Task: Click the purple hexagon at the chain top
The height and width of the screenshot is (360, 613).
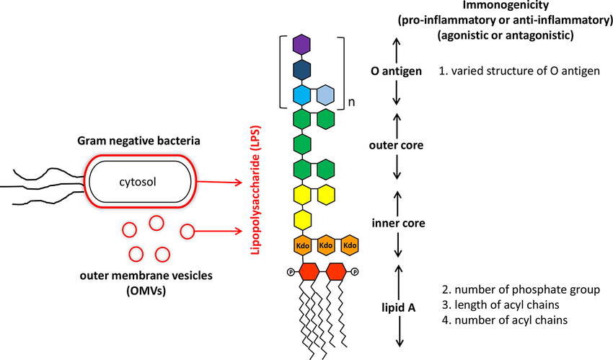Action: click(x=301, y=45)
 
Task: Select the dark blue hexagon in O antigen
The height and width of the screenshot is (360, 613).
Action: click(x=301, y=70)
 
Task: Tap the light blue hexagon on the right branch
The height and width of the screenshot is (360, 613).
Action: click(x=325, y=95)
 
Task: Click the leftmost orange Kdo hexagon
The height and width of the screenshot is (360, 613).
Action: click(x=301, y=245)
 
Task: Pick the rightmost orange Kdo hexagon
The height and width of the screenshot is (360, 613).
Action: click(x=350, y=245)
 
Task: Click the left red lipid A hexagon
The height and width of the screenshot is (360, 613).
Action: click(x=309, y=272)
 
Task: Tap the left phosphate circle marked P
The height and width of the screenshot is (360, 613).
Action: click(x=290, y=272)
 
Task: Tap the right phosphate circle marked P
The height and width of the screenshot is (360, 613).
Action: click(x=355, y=272)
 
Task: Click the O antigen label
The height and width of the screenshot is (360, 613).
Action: click(x=394, y=71)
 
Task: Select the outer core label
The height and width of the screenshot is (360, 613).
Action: click(x=395, y=145)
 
